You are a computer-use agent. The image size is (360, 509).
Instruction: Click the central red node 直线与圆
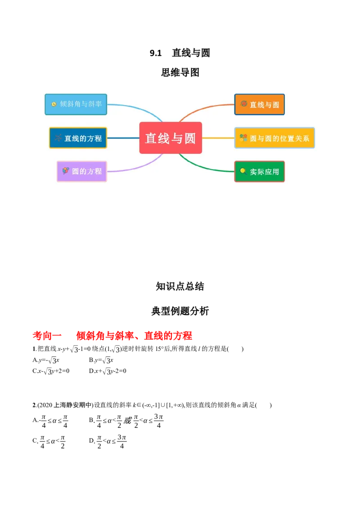click(171, 138)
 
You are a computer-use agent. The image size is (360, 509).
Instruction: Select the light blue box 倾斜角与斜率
click(76, 104)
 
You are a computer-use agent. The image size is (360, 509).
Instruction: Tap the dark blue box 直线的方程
click(78, 138)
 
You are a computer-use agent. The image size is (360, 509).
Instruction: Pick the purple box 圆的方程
click(81, 171)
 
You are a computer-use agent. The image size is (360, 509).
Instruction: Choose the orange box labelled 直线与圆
click(260, 104)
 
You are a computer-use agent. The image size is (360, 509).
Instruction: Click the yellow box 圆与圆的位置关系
click(274, 138)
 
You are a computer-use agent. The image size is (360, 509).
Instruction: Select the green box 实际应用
click(260, 171)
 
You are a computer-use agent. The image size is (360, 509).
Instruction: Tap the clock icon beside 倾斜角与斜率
click(54, 104)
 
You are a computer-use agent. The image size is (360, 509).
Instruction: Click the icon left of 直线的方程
click(58, 138)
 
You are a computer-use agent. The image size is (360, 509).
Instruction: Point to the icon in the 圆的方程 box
click(66, 171)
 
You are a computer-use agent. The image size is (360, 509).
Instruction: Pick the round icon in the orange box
click(244, 104)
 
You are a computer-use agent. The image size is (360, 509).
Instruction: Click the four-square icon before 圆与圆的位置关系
click(243, 138)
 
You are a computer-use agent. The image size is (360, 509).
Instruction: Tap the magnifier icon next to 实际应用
click(243, 171)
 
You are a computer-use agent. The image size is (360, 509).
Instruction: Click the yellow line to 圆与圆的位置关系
click(218, 138)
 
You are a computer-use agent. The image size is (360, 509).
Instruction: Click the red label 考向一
click(48, 335)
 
